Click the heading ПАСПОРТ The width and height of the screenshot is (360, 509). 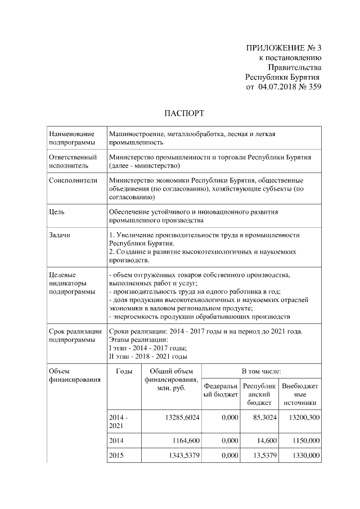pos(183,113)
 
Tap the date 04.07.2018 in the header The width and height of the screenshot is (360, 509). pos(278,87)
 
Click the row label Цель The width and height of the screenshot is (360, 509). pos(57,212)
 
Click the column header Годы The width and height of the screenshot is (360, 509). pos(124,372)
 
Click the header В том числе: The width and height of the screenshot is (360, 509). pos(261,372)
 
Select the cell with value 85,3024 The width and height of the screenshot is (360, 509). pos(260,418)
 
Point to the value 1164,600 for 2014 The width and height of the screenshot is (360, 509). pos(183,439)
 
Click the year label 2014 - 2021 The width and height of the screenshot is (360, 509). pos(119,422)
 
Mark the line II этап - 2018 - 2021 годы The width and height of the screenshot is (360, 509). pos(148,355)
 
